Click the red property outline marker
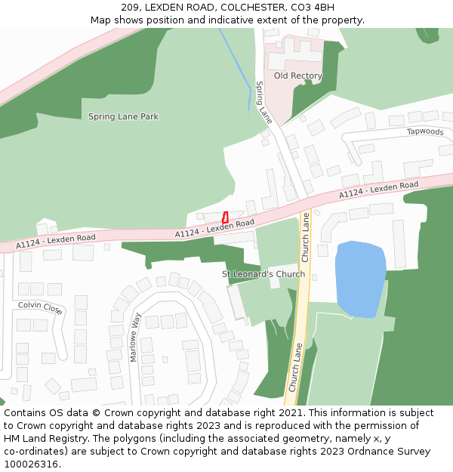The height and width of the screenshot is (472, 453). tap(225, 217)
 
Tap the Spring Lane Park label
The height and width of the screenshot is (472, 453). tap(123, 117)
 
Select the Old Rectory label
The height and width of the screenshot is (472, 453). tap(297, 76)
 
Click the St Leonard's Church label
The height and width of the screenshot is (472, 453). tap(263, 274)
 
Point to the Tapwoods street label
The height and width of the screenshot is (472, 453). tap(425, 131)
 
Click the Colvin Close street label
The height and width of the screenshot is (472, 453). tap(41, 307)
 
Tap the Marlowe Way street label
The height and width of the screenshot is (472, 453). tap(136, 338)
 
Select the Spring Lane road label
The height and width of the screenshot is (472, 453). tap(263, 103)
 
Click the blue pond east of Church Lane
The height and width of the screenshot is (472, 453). tap(360, 278)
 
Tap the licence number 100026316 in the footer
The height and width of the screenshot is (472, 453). tap(32, 464)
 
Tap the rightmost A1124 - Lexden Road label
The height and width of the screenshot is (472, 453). tap(378, 190)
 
